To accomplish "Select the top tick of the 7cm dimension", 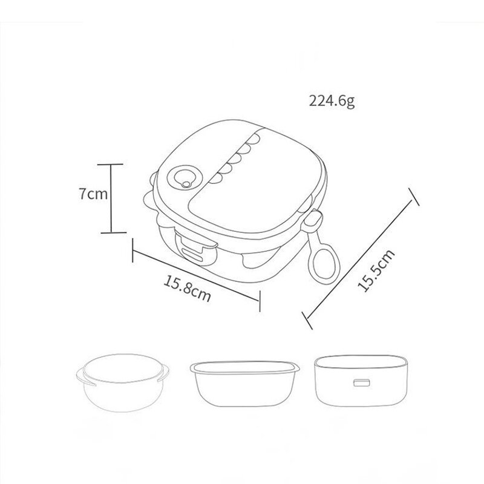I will click(x=110, y=165).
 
